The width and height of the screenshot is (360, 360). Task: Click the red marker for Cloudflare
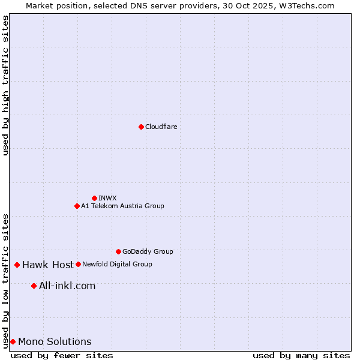[141, 127]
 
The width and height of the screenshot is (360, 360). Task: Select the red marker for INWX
[94, 198]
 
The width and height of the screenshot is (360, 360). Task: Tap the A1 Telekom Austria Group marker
[77, 206]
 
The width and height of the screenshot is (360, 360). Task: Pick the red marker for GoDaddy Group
[118, 251]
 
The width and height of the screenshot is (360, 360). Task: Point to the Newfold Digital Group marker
[78, 264]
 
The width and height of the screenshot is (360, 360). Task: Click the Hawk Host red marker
[17, 265]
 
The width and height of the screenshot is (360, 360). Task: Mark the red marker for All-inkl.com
[34, 286]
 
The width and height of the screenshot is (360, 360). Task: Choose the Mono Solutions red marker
[13, 341]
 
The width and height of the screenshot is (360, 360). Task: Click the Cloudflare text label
[161, 127]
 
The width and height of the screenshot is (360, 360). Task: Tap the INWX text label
[107, 198]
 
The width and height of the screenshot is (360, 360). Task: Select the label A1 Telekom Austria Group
[122, 206]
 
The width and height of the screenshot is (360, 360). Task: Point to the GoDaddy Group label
[148, 251]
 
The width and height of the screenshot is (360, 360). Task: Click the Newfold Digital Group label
[117, 264]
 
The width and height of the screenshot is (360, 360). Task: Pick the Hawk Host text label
[48, 265]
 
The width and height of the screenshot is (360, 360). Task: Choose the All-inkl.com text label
[67, 286]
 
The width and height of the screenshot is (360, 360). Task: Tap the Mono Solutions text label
[55, 341]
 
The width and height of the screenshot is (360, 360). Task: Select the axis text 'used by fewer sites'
[62, 355]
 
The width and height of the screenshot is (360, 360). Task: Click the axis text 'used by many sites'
[301, 355]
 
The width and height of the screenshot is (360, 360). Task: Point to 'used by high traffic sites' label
[5, 85]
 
